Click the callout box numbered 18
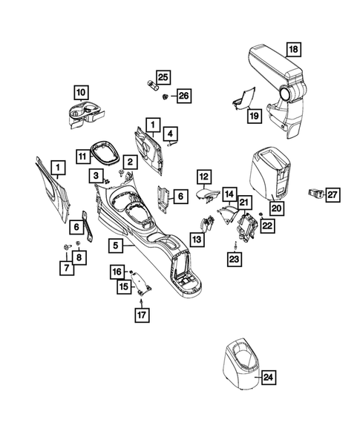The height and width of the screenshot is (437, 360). [293, 50]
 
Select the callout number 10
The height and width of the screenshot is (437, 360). [80, 93]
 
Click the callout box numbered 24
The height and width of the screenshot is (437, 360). [268, 378]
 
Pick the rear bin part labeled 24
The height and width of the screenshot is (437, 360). [239, 366]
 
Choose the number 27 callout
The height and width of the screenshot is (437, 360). [333, 195]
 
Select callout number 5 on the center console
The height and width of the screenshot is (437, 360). [114, 243]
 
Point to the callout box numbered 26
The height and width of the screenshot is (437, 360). [183, 96]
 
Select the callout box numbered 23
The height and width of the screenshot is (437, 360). [235, 258]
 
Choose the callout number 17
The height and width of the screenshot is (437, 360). [140, 315]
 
